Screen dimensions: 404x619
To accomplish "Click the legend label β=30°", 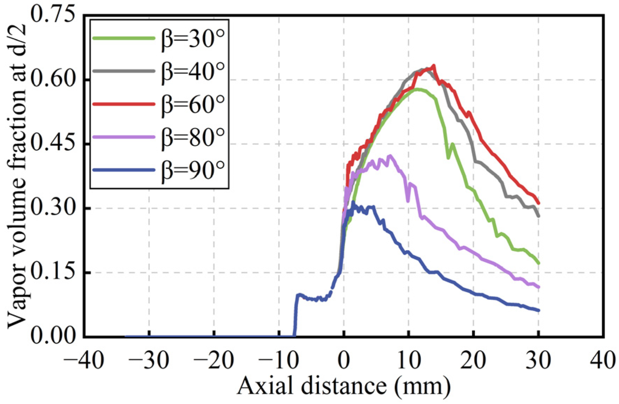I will coord(192,39).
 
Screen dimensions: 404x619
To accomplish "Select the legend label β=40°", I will coord(192,71).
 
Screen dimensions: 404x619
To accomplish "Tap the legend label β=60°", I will coord(192,104).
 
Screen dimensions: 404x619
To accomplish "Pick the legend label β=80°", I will coord(192,137).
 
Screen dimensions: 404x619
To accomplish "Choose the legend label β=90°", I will coord(192,170).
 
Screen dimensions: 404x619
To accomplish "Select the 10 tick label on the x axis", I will coord(408,360).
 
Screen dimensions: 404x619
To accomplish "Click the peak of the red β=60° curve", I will coord(434,66).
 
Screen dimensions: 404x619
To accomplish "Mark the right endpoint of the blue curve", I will coord(538,310).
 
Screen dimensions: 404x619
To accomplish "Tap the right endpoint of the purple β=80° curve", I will coord(538,287).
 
